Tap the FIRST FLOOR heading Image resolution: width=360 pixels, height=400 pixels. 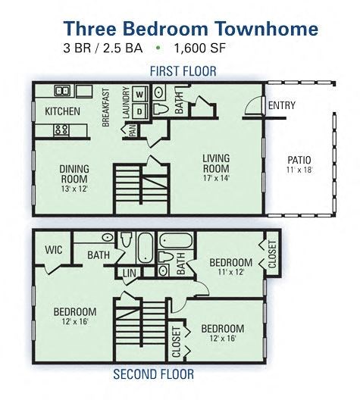[183, 71]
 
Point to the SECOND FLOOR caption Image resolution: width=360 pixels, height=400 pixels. [153, 373]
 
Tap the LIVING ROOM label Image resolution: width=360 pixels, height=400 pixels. [216, 164]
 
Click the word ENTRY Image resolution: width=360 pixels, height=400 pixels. [282, 105]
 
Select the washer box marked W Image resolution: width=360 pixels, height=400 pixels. [139, 94]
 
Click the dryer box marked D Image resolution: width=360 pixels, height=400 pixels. [139, 111]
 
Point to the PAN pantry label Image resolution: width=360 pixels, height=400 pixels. [133, 130]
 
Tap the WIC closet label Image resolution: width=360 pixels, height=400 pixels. [52, 248]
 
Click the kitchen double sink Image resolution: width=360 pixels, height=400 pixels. [63, 91]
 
